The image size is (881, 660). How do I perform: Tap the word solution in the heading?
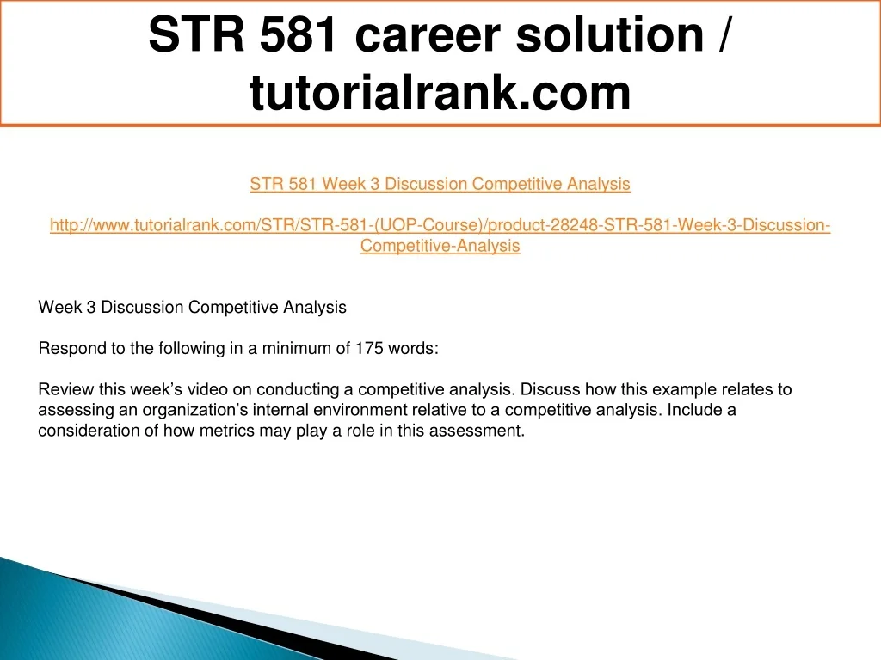point(610,34)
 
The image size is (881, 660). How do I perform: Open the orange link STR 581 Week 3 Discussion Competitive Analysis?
point(440,184)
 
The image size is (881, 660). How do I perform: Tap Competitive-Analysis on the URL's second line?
point(440,246)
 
